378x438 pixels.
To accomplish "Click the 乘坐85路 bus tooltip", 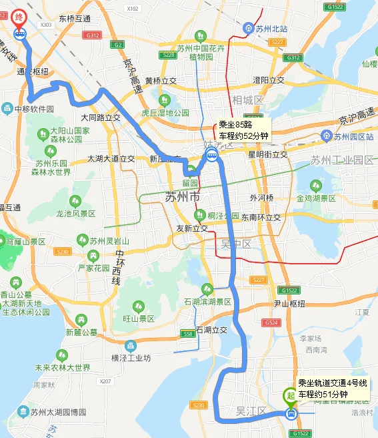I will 243,130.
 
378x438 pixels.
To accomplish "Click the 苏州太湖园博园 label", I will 58,411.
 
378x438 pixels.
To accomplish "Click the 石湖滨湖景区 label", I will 207,302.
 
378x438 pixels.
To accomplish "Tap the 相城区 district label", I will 248,99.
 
